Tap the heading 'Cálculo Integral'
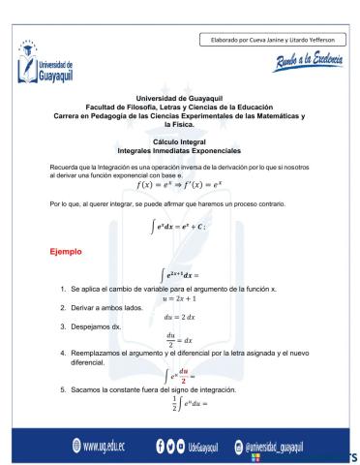point(180,141)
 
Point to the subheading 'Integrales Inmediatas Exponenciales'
point(180,149)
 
